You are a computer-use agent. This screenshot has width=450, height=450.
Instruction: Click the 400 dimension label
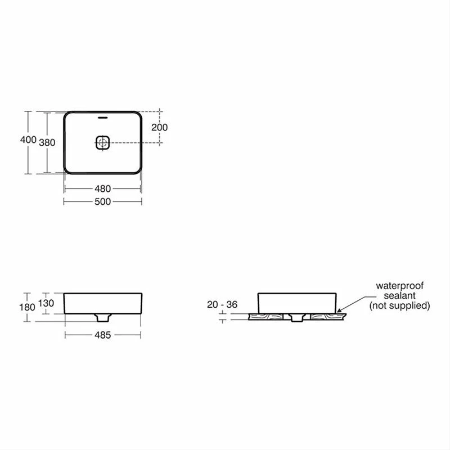[x=28, y=139]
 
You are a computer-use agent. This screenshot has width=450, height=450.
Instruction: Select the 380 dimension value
[x=47, y=142]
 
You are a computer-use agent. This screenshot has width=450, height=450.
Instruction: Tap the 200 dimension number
[x=159, y=127]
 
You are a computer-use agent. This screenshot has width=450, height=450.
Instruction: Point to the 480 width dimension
[x=102, y=188]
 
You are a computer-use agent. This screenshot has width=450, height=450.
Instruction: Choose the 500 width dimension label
[x=102, y=201]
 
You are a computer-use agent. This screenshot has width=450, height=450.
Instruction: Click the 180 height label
[x=27, y=307]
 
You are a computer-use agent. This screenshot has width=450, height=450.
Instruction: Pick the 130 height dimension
[x=46, y=303]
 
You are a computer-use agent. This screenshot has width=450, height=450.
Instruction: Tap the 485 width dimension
[x=102, y=335]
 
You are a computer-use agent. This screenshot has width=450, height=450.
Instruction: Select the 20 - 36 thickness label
[x=222, y=304]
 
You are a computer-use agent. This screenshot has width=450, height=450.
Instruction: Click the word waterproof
[x=399, y=286]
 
